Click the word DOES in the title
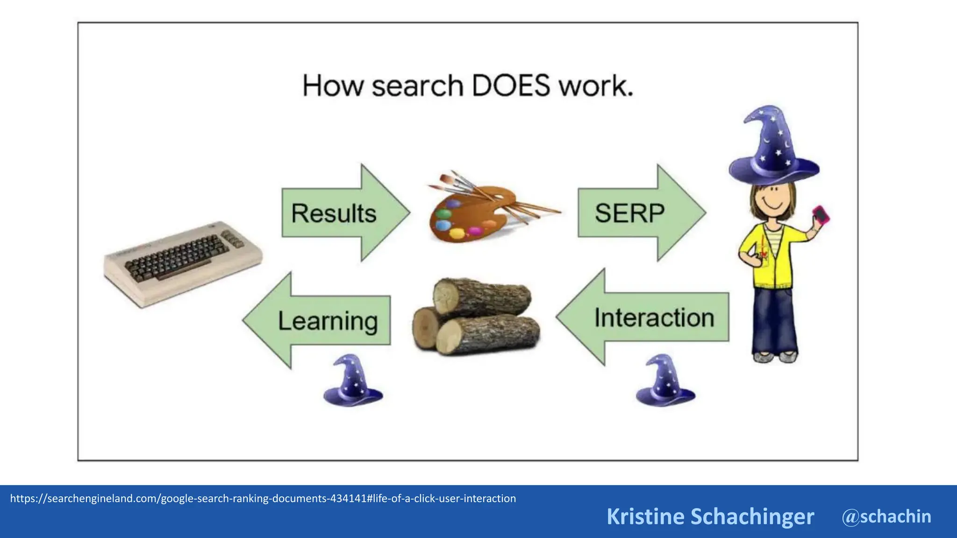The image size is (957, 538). click(x=511, y=86)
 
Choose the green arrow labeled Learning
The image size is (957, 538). click(x=322, y=321)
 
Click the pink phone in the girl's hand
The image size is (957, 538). click(x=821, y=215)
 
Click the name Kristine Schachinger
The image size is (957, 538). click(x=710, y=517)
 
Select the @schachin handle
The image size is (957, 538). click(x=886, y=517)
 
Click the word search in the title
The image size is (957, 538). click(x=417, y=86)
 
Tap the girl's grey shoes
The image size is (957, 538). click(x=775, y=357)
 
